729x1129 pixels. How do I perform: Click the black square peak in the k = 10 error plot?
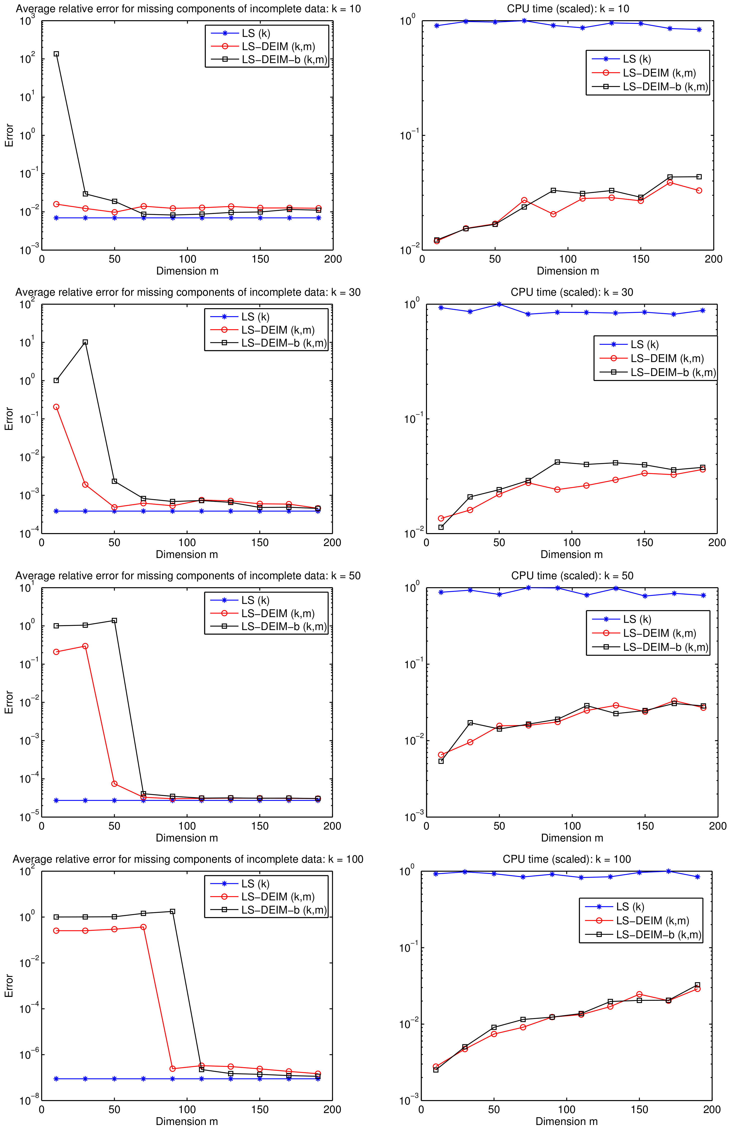tap(56, 54)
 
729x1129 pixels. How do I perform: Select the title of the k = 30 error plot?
tap(188, 292)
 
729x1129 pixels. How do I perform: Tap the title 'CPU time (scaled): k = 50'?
tap(572, 576)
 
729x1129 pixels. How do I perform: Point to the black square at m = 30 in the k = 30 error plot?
tap(85, 342)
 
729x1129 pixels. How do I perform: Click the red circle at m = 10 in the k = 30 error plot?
tap(56, 407)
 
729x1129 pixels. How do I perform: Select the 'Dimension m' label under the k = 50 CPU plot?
tap(572, 838)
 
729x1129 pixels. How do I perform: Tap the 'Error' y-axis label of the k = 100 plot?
tap(8, 986)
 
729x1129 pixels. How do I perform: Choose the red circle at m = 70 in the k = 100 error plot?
tap(143, 927)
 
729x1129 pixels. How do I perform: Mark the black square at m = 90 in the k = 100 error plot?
tap(172, 911)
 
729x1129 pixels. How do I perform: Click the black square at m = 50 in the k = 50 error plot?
tap(114, 620)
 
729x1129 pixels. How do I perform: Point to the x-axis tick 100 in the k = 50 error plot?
tap(187, 826)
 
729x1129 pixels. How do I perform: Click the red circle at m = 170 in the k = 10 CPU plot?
tap(670, 183)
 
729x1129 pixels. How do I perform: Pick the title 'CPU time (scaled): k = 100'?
tap(567, 859)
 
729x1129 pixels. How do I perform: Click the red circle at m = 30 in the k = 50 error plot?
tap(85, 646)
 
